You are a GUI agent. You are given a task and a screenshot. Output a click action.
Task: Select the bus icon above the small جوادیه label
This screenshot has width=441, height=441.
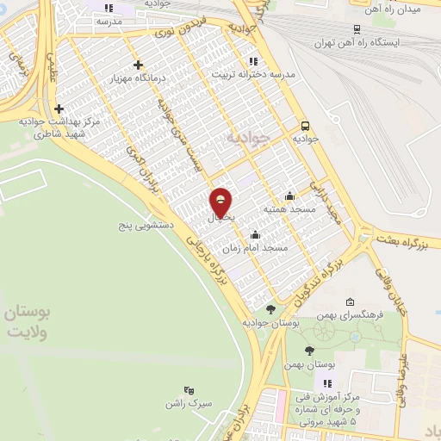tap(306, 122)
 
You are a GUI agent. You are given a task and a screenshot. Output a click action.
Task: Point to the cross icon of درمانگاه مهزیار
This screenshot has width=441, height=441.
tap(138, 65)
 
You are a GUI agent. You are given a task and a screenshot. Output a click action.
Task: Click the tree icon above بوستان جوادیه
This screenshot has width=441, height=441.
tap(270, 308)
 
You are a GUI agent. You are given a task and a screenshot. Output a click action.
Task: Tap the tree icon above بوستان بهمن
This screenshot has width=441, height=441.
tap(310, 351)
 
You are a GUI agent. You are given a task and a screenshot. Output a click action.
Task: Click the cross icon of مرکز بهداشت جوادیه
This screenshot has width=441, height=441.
tap(59, 109)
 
